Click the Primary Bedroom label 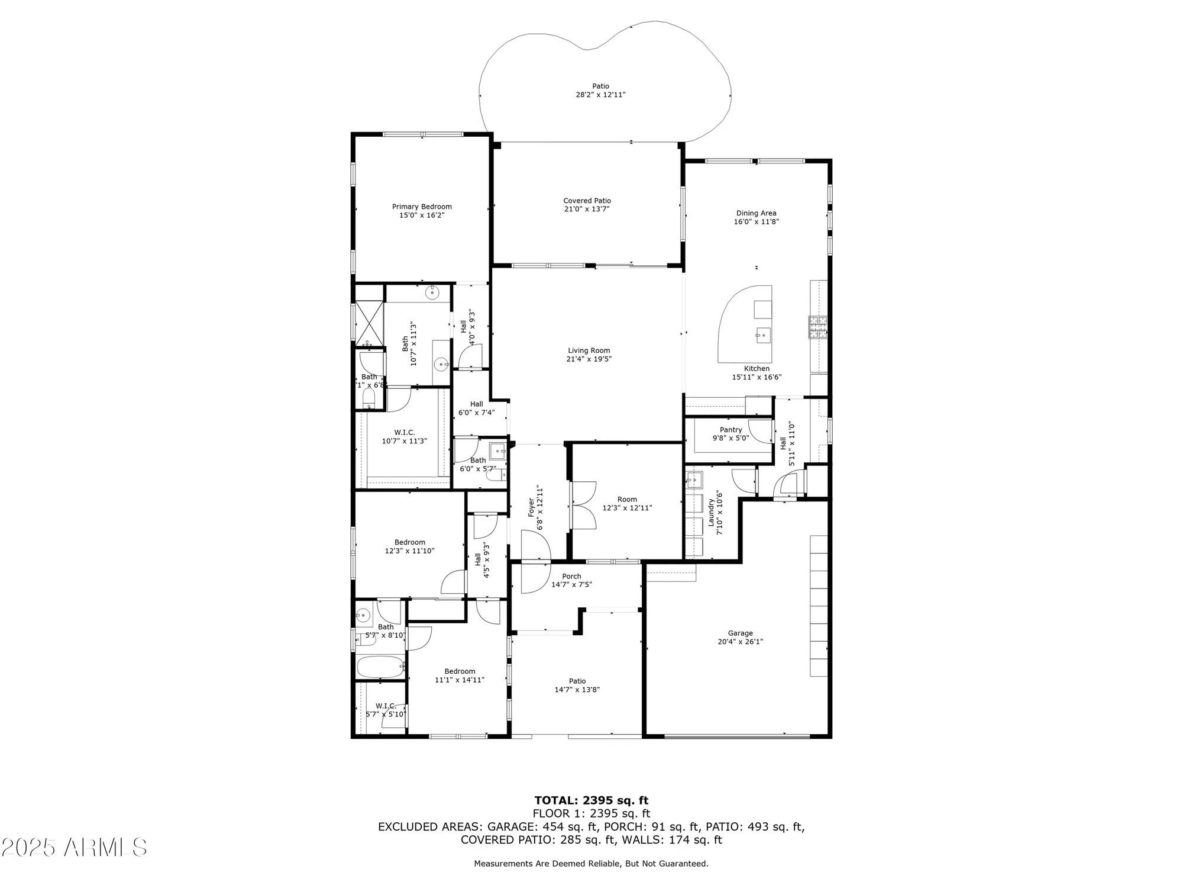click(422, 207)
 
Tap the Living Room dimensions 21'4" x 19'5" click(589, 359)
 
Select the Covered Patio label click(587, 201)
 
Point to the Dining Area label click(756, 213)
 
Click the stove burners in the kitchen click(818, 327)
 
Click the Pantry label click(731, 430)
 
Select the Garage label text click(741, 633)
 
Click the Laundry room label click(711, 513)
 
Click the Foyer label click(531, 508)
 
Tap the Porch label click(571, 576)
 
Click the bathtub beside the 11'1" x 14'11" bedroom click(380, 667)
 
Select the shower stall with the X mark click(369, 323)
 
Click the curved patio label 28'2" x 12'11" click(600, 95)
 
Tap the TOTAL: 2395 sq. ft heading click(591, 801)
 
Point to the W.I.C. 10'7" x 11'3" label click(404, 433)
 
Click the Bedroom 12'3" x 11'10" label click(409, 542)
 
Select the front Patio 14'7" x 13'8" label click(577, 681)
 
